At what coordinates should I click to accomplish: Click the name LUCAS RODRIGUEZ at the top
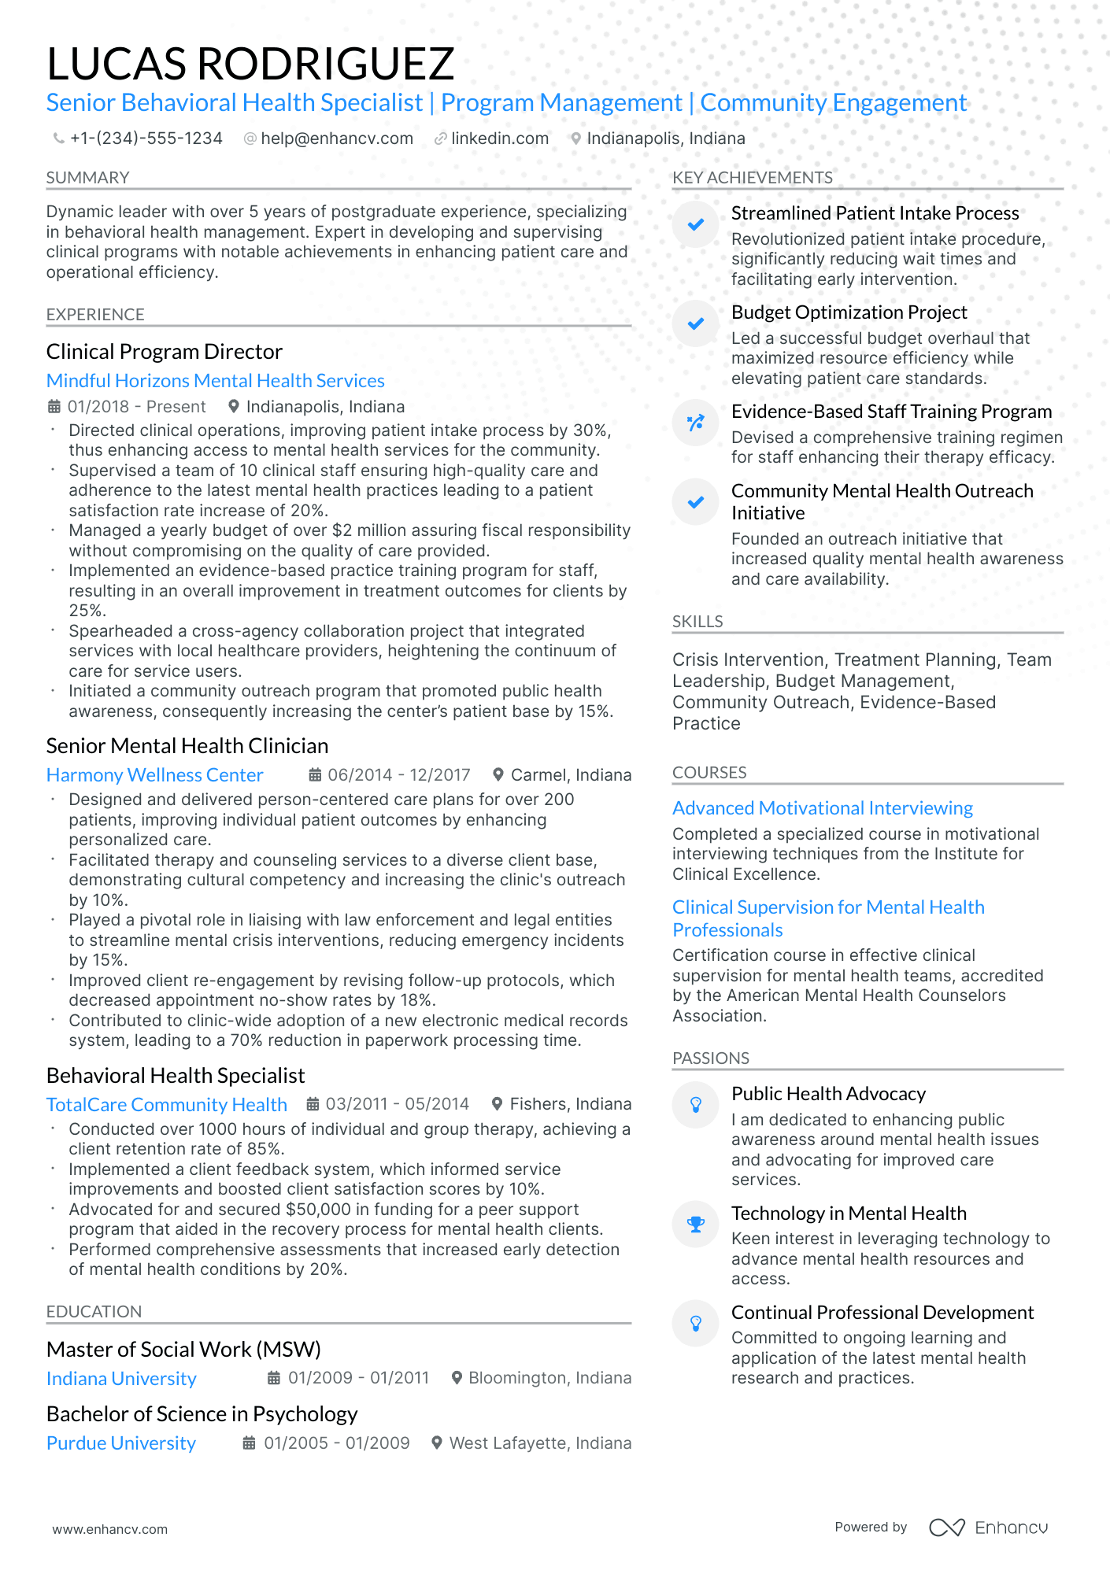tap(250, 64)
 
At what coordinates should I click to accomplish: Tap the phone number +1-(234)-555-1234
tap(146, 139)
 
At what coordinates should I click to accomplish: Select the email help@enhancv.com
tap(336, 139)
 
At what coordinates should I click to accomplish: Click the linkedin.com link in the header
tap(499, 139)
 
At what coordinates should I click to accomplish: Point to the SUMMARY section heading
tap(87, 178)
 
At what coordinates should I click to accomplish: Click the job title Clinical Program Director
tap(164, 352)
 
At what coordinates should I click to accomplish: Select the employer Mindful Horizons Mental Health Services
tap(215, 381)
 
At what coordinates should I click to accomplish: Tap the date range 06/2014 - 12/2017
tap(398, 775)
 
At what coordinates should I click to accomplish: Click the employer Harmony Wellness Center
tap(154, 775)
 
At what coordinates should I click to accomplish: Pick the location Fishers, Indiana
tap(570, 1104)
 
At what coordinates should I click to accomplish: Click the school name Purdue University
tap(120, 1443)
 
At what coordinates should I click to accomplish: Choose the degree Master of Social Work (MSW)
tap(183, 1350)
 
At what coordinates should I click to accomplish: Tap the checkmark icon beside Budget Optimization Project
tap(696, 323)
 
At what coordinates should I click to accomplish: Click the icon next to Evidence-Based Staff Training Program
tap(696, 423)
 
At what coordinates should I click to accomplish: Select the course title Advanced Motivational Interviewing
tap(822, 808)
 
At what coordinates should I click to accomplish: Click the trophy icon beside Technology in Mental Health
tap(696, 1225)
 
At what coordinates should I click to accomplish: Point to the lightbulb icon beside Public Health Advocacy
tap(696, 1105)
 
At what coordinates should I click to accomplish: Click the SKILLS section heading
tap(697, 622)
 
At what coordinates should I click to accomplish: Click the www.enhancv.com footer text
tap(109, 1529)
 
